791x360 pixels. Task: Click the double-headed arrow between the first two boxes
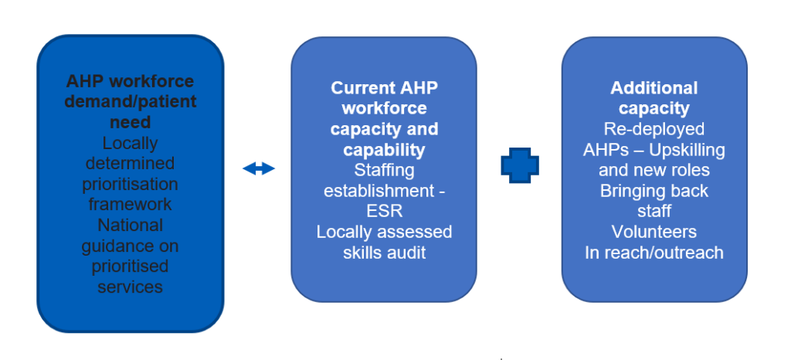[259, 168]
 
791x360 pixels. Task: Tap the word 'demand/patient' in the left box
[131, 102]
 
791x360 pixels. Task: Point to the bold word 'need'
[130, 122]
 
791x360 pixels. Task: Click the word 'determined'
[130, 163]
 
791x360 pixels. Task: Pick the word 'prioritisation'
[130, 184]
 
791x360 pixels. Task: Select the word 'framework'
[130, 204]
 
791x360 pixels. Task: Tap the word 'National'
[130, 225]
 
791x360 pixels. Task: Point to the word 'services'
[130, 287]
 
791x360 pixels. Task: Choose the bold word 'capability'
[384, 149]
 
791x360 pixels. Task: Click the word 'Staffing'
[384, 169]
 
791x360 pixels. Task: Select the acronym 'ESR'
[384, 211]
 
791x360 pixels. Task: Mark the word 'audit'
[406, 253]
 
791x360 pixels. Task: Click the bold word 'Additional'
[654, 87]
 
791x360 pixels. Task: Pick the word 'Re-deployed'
[654, 128]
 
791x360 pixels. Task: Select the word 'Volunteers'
[654, 232]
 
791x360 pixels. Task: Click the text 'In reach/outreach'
[654, 253]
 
